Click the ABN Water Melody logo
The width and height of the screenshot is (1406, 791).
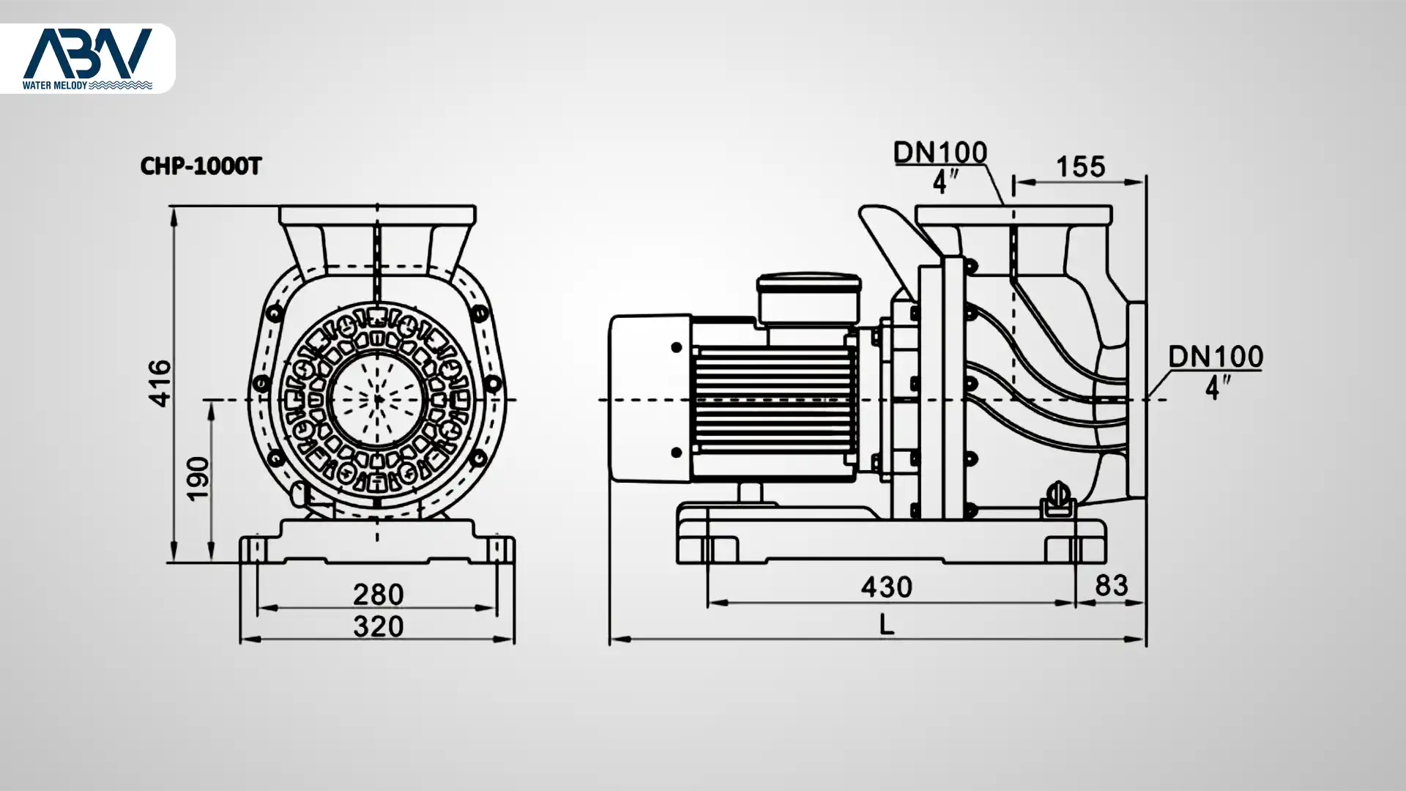click(x=87, y=58)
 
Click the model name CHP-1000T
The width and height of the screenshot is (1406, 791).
click(x=200, y=166)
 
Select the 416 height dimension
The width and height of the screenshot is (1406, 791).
click(x=160, y=382)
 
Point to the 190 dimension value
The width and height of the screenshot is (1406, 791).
click(x=198, y=478)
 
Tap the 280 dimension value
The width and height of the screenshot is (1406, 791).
click(x=378, y=594)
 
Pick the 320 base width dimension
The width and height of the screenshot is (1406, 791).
click(x=378, y=627)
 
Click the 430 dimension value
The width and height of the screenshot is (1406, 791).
click(x=886, y=587)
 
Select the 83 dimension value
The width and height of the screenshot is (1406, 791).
click(x=1111, y=586)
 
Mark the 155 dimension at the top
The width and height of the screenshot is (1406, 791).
click(x=1080, y=167)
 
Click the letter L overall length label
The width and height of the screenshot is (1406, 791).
click(x=886, y=625)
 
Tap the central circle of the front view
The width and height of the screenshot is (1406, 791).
click(x=377, y=399)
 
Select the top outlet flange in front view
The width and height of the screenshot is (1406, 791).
click(x=377, y=215)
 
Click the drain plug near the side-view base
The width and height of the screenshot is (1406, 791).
click(x=1057, y=500)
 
